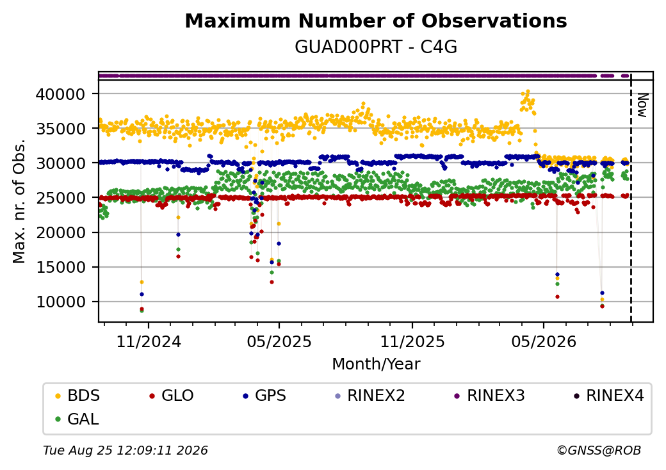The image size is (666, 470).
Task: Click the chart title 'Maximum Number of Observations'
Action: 376,20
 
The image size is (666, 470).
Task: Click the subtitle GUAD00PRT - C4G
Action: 376,47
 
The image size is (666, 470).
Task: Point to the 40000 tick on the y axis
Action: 61,94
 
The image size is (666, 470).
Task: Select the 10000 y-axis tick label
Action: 61,302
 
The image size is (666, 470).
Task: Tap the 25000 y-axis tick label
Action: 61,198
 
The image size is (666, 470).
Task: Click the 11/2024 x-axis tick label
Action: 149,342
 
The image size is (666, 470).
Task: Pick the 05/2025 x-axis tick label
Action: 279,342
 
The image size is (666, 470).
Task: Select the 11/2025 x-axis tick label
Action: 412,342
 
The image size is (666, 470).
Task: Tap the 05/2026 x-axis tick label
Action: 544,342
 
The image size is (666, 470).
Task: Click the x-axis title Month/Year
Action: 376,364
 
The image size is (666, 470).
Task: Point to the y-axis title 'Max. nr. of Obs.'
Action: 19,201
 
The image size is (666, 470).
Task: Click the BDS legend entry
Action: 77,396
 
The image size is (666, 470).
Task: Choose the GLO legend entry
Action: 172,396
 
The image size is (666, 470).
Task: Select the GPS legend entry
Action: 264,396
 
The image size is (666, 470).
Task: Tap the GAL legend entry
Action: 77,419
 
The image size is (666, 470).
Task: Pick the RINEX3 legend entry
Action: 490,396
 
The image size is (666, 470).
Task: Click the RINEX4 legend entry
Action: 608,396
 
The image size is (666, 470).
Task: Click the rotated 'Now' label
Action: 643,105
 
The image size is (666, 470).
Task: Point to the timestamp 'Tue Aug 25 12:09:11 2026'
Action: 126,450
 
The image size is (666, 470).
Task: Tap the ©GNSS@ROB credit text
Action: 599,450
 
